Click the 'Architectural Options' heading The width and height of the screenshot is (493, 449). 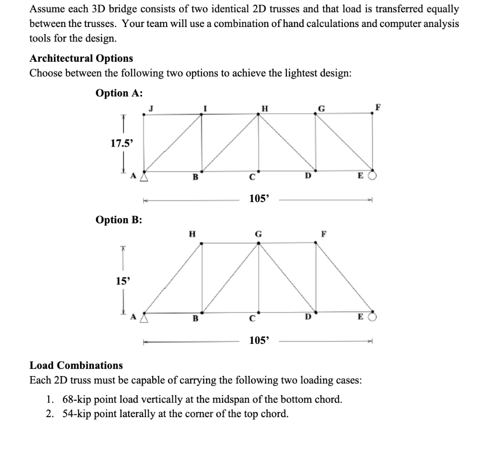click(x=81, y=58)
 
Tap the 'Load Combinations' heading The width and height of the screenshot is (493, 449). click(x=76, y=365)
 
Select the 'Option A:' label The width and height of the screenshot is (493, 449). click(x=119, y=93)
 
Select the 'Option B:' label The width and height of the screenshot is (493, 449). click(x=119, y=220)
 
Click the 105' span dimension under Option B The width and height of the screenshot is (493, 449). click(x=259, y=340)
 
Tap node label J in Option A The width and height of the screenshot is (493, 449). click(x=151, y=108)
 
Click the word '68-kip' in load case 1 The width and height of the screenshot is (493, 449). click(x=75, y=399)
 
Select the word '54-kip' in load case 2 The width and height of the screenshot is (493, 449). click(x=75, y=413)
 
